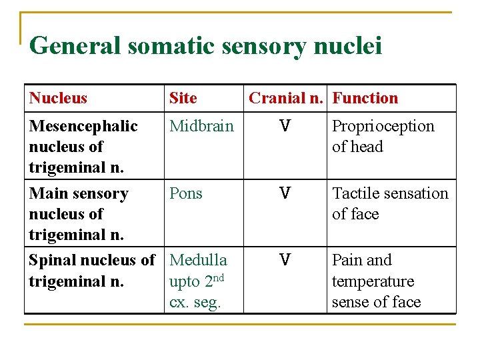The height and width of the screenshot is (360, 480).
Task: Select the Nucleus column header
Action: coord(58,98)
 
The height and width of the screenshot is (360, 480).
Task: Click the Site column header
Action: coord(183,98)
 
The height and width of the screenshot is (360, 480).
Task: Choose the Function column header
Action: coord(365,98)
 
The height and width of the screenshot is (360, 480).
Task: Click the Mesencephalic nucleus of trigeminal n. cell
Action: coord(83,146)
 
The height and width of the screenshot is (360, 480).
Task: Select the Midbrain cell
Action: coord(201,126)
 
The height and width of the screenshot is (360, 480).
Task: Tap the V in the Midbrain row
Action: coord(285,126)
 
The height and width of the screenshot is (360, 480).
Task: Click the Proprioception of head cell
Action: coord(383,136)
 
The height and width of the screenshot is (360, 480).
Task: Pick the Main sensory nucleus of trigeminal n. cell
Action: coord(78,213)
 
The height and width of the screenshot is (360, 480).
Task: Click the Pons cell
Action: coord(186,193)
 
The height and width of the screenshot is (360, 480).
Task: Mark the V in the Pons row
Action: coord(285,193)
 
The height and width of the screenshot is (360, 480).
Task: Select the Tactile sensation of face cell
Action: coord(390,203)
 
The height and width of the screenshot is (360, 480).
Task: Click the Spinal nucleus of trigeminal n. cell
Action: coord(91,270)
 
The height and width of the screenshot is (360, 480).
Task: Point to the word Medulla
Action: coord(198,260)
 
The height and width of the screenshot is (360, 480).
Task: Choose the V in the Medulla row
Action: coord(285,260)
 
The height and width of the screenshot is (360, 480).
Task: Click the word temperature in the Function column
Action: coord(373,281)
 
